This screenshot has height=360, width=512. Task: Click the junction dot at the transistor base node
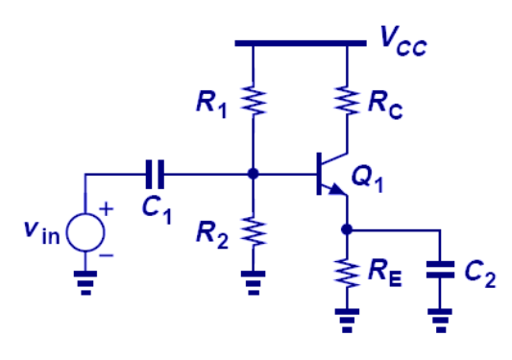[x=252, y=174]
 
